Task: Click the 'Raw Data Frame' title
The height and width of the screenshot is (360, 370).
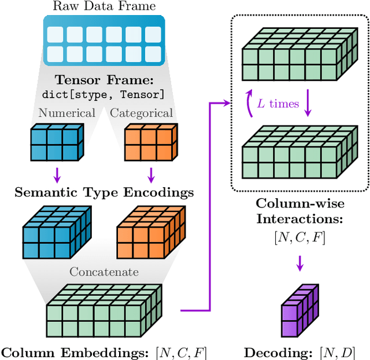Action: coord(104,7)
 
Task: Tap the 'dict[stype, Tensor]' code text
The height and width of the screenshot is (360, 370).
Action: coord(104,94)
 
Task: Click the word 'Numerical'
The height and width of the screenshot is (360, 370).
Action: coord(66,113)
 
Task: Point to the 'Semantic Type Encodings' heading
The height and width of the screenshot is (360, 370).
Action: coord(104,192)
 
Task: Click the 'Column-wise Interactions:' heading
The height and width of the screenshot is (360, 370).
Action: coord(299,211)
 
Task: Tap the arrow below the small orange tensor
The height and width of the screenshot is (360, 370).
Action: coord(150,174)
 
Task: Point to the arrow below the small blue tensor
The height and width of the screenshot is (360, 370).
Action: coord(57,174)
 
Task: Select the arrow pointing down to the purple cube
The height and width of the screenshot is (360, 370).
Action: coord(299,265)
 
